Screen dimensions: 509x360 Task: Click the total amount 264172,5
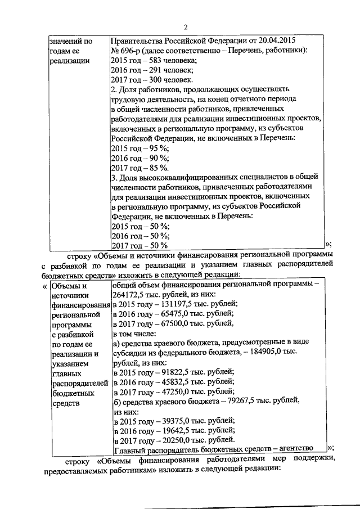[x=129, y=294]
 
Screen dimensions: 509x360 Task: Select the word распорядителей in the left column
[x=76, y=384]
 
